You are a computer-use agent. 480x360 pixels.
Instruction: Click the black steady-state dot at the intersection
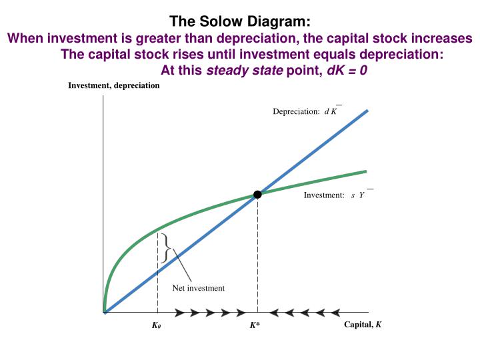click(257, 194)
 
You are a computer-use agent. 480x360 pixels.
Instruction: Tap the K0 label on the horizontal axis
click(157, 326)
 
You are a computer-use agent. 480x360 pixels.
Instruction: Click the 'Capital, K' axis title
click(363, 325)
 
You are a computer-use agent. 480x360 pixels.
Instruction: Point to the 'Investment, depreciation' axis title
click(114, 86)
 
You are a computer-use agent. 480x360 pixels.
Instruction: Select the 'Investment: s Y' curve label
click(334, 195)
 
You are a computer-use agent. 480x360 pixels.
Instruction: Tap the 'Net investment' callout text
click(199, 288)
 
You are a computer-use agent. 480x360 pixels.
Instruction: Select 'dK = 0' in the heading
click(345, 69)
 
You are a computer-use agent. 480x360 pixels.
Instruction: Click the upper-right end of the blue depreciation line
click(366, 111)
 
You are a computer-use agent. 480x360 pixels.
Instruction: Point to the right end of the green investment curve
click(365, 171)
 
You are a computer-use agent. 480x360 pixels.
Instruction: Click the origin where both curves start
click(105, 311)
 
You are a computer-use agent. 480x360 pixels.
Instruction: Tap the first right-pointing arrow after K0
click(179, 311)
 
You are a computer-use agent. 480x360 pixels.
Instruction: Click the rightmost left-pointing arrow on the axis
click(336, 311)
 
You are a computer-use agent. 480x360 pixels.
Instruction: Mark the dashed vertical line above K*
click(257, 253)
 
